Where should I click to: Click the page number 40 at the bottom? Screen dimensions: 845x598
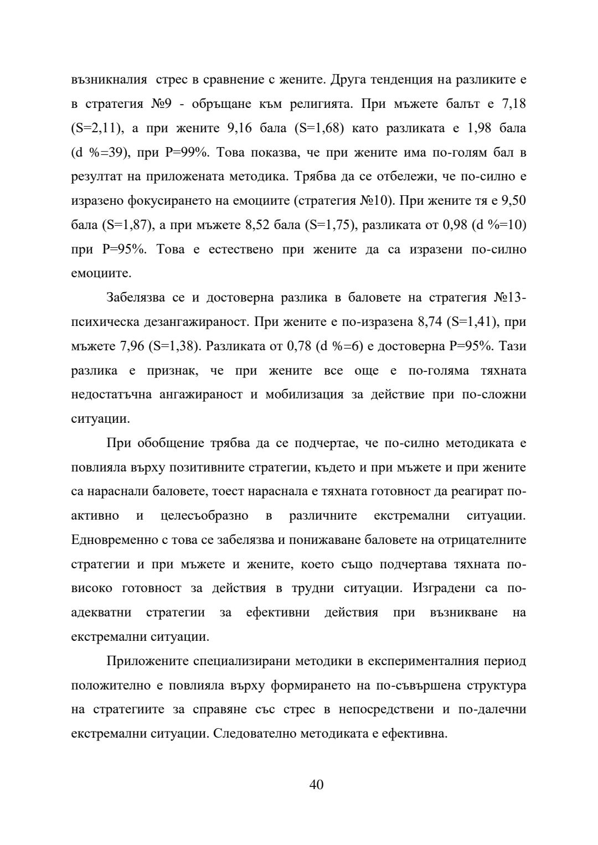[316, 784]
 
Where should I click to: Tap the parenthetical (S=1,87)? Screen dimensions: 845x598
[125, 225]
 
